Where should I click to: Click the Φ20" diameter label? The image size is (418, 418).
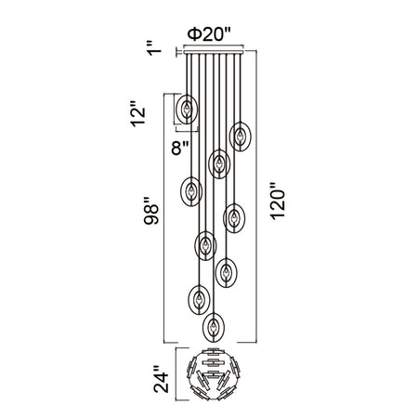coord(210,34)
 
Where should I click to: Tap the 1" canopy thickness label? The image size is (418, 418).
coord(154,47)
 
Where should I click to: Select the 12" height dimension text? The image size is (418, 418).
coord(137,113)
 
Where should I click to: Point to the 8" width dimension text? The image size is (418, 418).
coord(180,148)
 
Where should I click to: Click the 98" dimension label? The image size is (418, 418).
coord(151,210)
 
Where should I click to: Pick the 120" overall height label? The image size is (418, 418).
coord(277,201)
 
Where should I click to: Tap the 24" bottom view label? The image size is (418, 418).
coord(162,379)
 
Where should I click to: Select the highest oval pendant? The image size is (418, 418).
coord(187,109)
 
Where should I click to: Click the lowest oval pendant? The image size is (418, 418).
coord(214,328)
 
